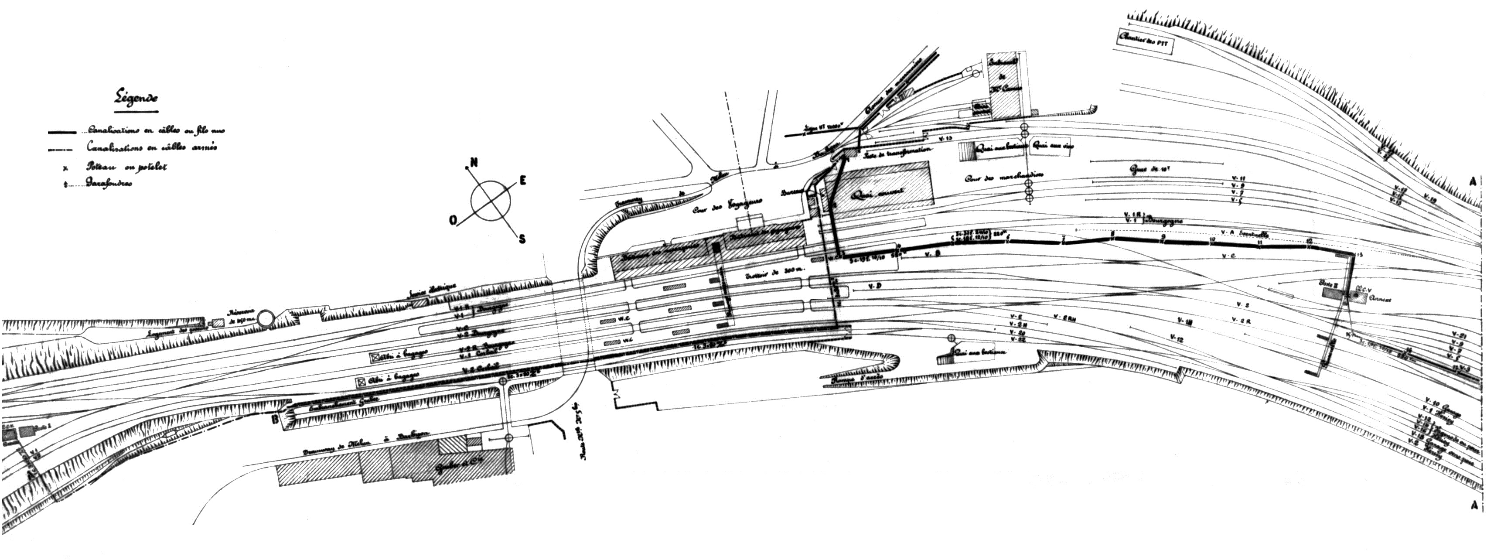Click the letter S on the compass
pyautogui.click(x=522, y=239)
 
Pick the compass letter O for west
pyautogui.click(x=453, y=219)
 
